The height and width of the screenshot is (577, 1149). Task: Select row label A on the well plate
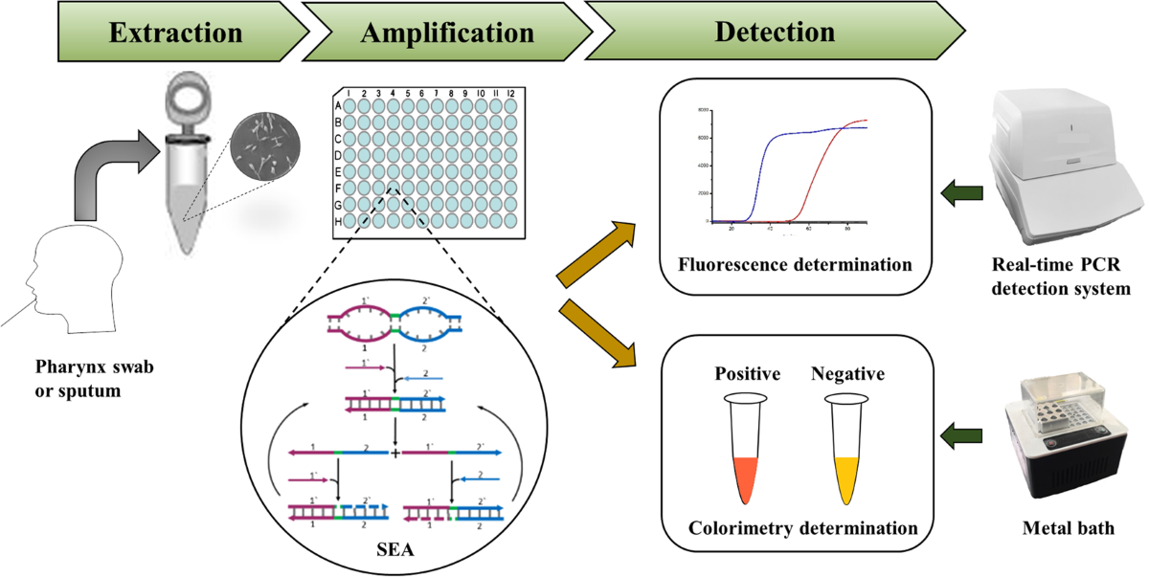pos(337,105)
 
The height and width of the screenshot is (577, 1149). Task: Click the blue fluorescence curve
pos(766,163)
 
